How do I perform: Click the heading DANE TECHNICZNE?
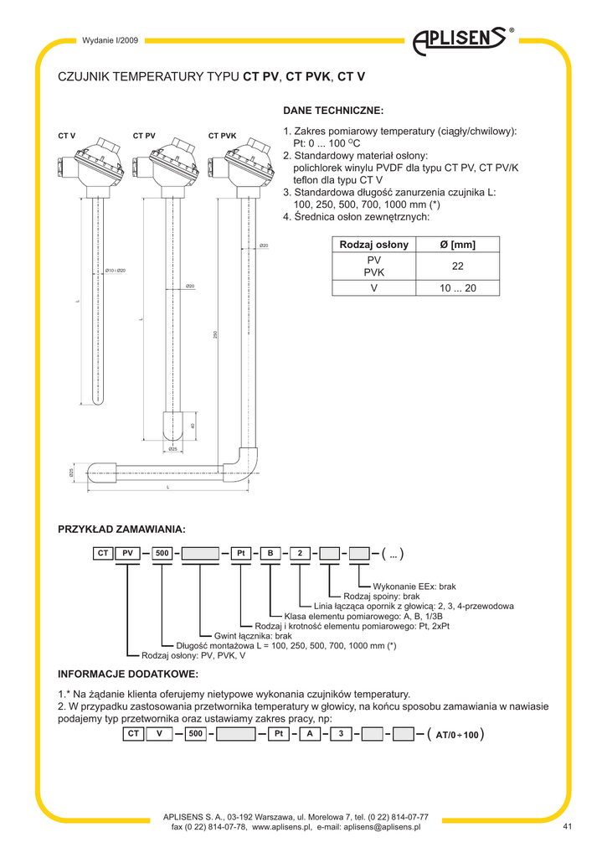[x=333, y=111]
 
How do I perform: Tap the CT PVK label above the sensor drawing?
[x=222, y=136]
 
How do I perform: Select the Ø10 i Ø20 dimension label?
[x=116, y=270]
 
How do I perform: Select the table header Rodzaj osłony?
[x=373, y=245]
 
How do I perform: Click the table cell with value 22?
[x=457, y=266]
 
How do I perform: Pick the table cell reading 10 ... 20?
[x=457, y=287]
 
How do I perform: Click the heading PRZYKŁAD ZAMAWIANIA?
[x=121, y=529]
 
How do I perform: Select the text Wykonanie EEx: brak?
[x=414, y=587]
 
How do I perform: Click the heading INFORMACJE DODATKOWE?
[x=127, y=675]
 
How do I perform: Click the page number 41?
[x=567, y=828]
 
